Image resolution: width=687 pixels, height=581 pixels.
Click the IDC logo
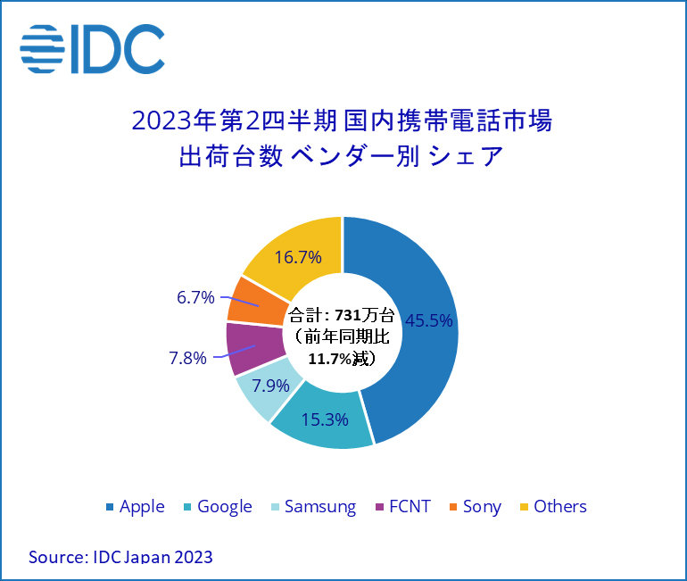(93, 49)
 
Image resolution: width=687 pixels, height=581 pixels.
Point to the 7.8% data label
(187, 358)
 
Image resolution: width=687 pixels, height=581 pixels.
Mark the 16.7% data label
(296, 258)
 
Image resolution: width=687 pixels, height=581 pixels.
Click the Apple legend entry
(136, 506)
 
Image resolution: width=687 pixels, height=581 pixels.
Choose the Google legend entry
(217, 506)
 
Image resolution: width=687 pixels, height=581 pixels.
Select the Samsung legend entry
(313, 506)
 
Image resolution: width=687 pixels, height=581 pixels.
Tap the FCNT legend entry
(402, 506)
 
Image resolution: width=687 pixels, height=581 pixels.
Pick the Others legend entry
(552, 506)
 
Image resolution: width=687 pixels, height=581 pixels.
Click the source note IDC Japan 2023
(120, 557)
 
